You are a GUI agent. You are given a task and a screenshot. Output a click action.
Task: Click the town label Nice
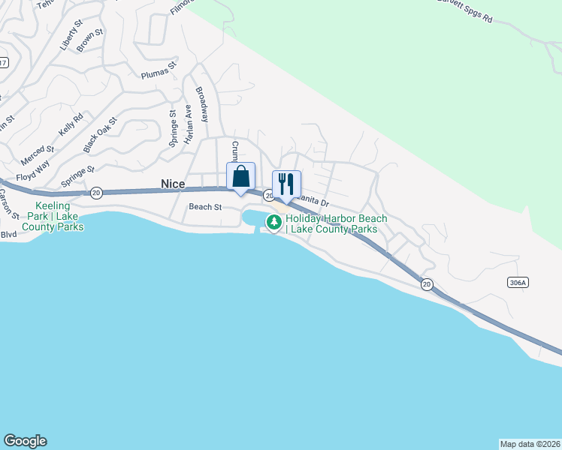coord(173,184)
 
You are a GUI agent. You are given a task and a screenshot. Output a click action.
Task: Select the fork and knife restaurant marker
coord(286,184)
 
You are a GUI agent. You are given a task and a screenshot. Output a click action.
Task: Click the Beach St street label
coord(205,207)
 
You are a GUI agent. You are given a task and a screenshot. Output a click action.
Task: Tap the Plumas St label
coord(159,70)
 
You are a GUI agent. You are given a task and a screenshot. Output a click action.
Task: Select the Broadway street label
coord(202,104)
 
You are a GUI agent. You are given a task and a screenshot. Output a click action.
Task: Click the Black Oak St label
coord(101,131)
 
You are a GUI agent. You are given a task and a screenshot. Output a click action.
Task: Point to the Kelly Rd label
coord(71,123)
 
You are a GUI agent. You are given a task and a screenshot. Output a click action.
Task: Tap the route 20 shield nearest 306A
coord(427,283)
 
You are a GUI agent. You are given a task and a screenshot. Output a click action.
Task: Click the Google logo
coord(25,441)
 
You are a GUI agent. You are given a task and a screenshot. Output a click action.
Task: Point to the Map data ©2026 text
coord(530,443)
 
